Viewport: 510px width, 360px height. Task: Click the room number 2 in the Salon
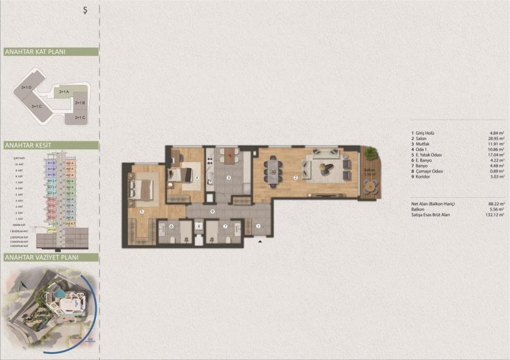coord(295,178)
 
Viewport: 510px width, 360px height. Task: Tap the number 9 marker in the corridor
coord(212,211)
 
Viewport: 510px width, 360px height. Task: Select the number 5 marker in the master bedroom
coord(141,211)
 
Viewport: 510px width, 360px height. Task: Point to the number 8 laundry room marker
coord(199,227)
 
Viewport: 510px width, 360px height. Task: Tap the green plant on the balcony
coord(369,152)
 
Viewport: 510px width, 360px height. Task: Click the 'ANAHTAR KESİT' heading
coord(27,146)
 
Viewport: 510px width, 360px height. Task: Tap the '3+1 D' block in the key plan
coord(26,88)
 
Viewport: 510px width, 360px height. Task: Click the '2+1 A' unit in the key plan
coord(63,92)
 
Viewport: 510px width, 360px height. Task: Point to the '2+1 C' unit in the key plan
coord(79,117)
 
